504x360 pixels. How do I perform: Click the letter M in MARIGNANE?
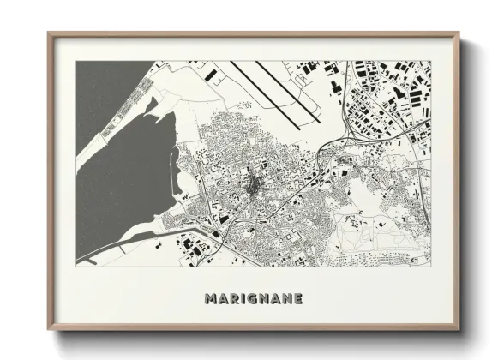click(211, 299)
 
